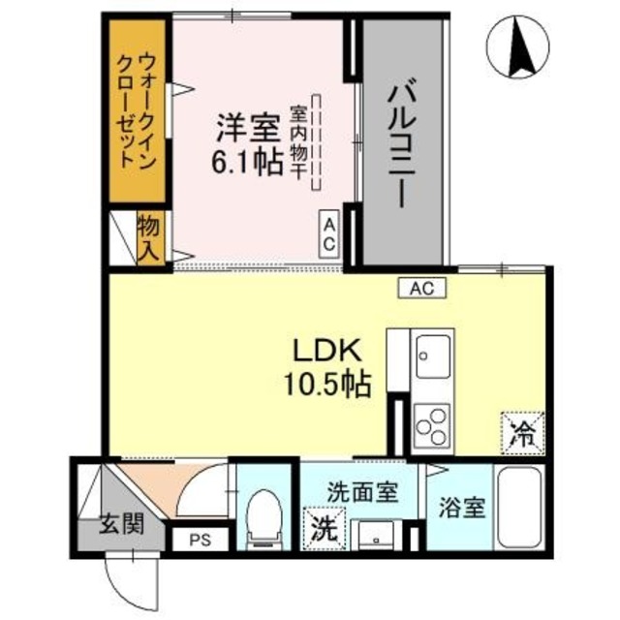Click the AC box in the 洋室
[x=329, y=233]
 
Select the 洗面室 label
[x=361, y=492]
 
